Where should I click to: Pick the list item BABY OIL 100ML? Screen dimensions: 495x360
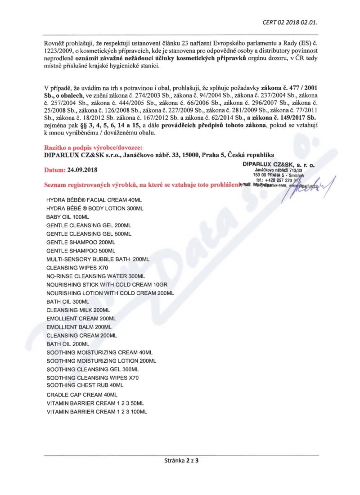(67, 217)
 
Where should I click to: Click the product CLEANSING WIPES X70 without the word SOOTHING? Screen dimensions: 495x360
(77, 268)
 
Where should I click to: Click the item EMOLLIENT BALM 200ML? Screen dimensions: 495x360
(79, 327)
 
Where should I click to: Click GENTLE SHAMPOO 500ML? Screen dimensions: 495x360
(81, 251)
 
